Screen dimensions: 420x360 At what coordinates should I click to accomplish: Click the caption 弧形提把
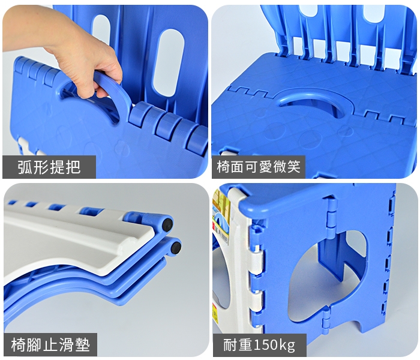click(49, 167)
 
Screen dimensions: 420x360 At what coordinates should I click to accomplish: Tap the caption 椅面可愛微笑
click(259, 167)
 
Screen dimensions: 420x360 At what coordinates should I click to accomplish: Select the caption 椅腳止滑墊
click(50, 345)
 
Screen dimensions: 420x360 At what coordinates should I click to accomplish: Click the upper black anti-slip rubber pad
click(168, 224)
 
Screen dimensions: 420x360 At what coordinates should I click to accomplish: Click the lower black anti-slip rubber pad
click(176, 247)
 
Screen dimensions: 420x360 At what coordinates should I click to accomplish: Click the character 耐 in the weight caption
click(230, 345)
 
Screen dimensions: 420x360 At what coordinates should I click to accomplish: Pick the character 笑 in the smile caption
click(293, 167)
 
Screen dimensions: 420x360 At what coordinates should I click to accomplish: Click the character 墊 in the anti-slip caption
click(83, 345)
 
